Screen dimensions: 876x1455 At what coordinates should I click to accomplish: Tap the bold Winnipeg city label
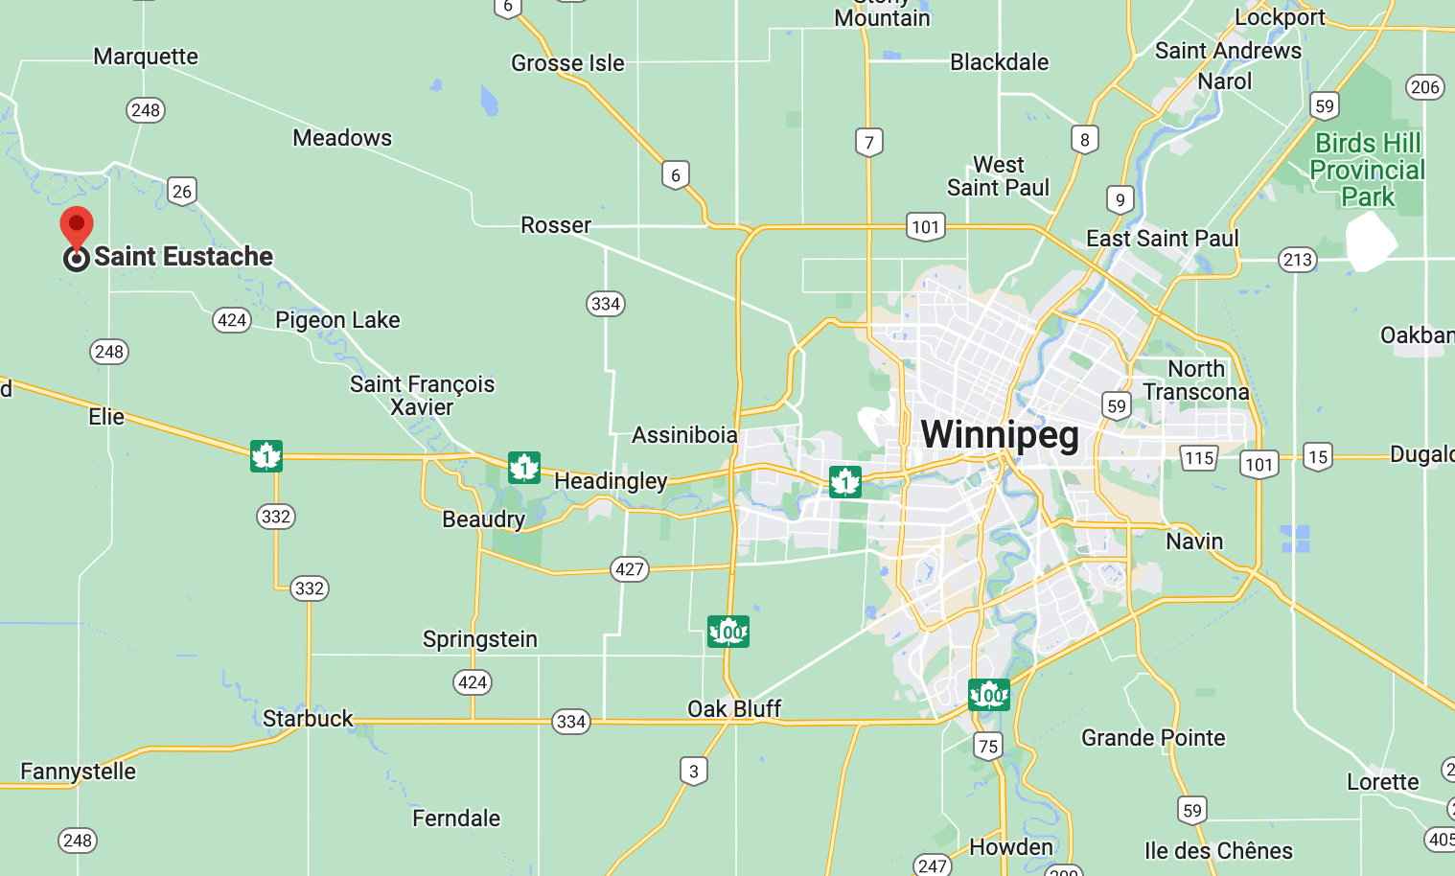coord(1000,434)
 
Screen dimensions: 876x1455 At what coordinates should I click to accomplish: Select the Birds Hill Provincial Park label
coord(1367,170)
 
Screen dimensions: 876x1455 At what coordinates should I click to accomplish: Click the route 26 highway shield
coord(182,191)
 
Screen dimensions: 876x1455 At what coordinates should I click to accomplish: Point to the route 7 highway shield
coord(868,143)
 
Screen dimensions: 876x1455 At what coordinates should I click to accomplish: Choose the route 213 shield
coord(1297,260)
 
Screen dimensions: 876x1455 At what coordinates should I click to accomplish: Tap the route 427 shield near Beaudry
coord(630,569)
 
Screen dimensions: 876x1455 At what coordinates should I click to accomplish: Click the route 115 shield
coord(1198,458)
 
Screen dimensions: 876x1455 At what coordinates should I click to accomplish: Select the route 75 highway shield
coord(988,746)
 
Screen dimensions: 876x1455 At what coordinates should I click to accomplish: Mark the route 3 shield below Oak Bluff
coord(694,771)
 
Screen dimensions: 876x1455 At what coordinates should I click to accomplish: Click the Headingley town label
coord(611,480)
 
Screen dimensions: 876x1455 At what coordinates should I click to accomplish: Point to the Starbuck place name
coord(308,719)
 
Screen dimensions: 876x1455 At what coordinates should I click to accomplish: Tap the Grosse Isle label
coord(567,63)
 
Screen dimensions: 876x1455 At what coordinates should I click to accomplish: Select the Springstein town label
coord(479,639)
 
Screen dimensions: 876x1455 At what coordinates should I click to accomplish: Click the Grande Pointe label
coord(1153,738)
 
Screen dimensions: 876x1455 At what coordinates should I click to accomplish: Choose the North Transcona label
coord(1196,380)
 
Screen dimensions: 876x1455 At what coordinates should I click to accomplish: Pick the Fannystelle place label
coord(78,772)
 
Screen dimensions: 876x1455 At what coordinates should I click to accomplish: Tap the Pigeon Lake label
coord(337,320)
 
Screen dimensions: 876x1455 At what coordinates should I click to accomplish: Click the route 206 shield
coord(1424,87)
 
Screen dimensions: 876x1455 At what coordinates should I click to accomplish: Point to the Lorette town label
coord(1382,782)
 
